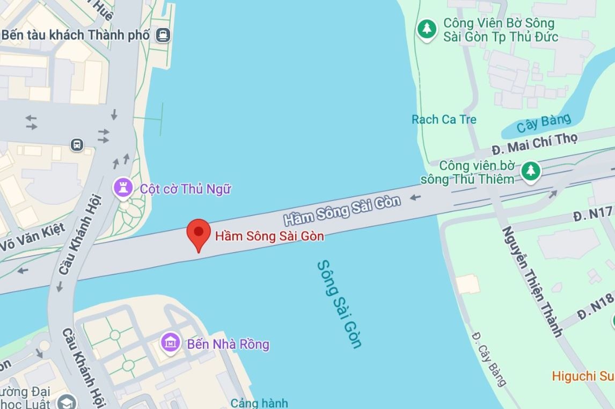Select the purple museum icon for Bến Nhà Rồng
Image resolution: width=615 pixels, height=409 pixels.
pyautogui.click(x=171, y=342)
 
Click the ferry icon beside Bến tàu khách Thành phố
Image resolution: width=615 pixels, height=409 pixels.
pyautogui.click(x=163, y=35)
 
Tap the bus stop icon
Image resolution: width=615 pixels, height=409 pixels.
pyautogui.click(x=77, y=145)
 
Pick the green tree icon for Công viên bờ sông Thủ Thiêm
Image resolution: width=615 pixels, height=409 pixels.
pyautogui.click(x=531, y=170)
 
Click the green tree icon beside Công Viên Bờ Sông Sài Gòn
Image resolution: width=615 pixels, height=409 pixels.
pyautogui.click(x=427, y=28)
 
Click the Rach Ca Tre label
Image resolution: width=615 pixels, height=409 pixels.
pyautogui.click(x=444, y=119)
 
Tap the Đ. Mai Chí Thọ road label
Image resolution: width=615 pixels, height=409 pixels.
pyautogui.click(x=535, y=143)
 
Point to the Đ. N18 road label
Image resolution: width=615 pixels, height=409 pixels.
pyautogui.click(x=596, y=307)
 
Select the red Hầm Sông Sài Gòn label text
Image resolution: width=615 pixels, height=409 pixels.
pyautogui.click(x=269, y=235)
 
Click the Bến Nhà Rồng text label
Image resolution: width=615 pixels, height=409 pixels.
pyautogui.click(x=228, y=343)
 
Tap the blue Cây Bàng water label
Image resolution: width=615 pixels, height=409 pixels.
pyautogui.click(x=543, y=123)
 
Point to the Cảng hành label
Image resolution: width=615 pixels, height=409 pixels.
pyautogui.click(x=259, y=403)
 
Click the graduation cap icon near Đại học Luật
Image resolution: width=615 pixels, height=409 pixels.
pyautogui.click(x=67, y=402)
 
